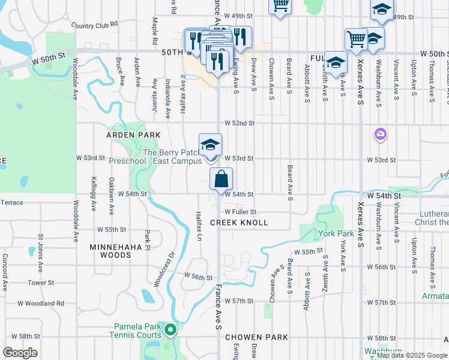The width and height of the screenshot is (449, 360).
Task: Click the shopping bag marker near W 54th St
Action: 221,179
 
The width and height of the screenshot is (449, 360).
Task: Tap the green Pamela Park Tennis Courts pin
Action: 170,329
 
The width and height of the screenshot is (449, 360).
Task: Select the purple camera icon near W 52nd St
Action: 379,134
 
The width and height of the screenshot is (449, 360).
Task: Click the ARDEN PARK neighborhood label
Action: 133,136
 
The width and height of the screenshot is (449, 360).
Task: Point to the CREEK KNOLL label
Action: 239,223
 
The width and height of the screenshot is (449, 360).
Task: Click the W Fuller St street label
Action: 240,212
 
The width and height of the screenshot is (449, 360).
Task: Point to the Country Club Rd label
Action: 95,26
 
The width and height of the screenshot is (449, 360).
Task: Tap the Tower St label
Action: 41,283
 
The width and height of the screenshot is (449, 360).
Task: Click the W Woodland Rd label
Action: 41,304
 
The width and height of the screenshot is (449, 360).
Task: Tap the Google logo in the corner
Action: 20,353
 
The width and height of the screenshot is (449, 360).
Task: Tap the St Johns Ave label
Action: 40,248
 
